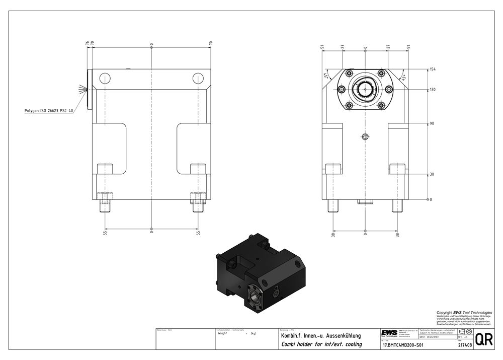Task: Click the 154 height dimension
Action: pos(432,69)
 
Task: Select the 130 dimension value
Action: pos(432,90)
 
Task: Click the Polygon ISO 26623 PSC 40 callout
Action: pos(49,110)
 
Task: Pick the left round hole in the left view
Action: pos(105,78)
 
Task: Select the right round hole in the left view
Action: pos(197,78)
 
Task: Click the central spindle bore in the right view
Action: pos(365,89)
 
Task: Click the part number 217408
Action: pos(465,345)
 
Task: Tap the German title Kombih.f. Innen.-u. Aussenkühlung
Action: pos(320,335)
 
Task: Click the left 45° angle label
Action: pos(326,76)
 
